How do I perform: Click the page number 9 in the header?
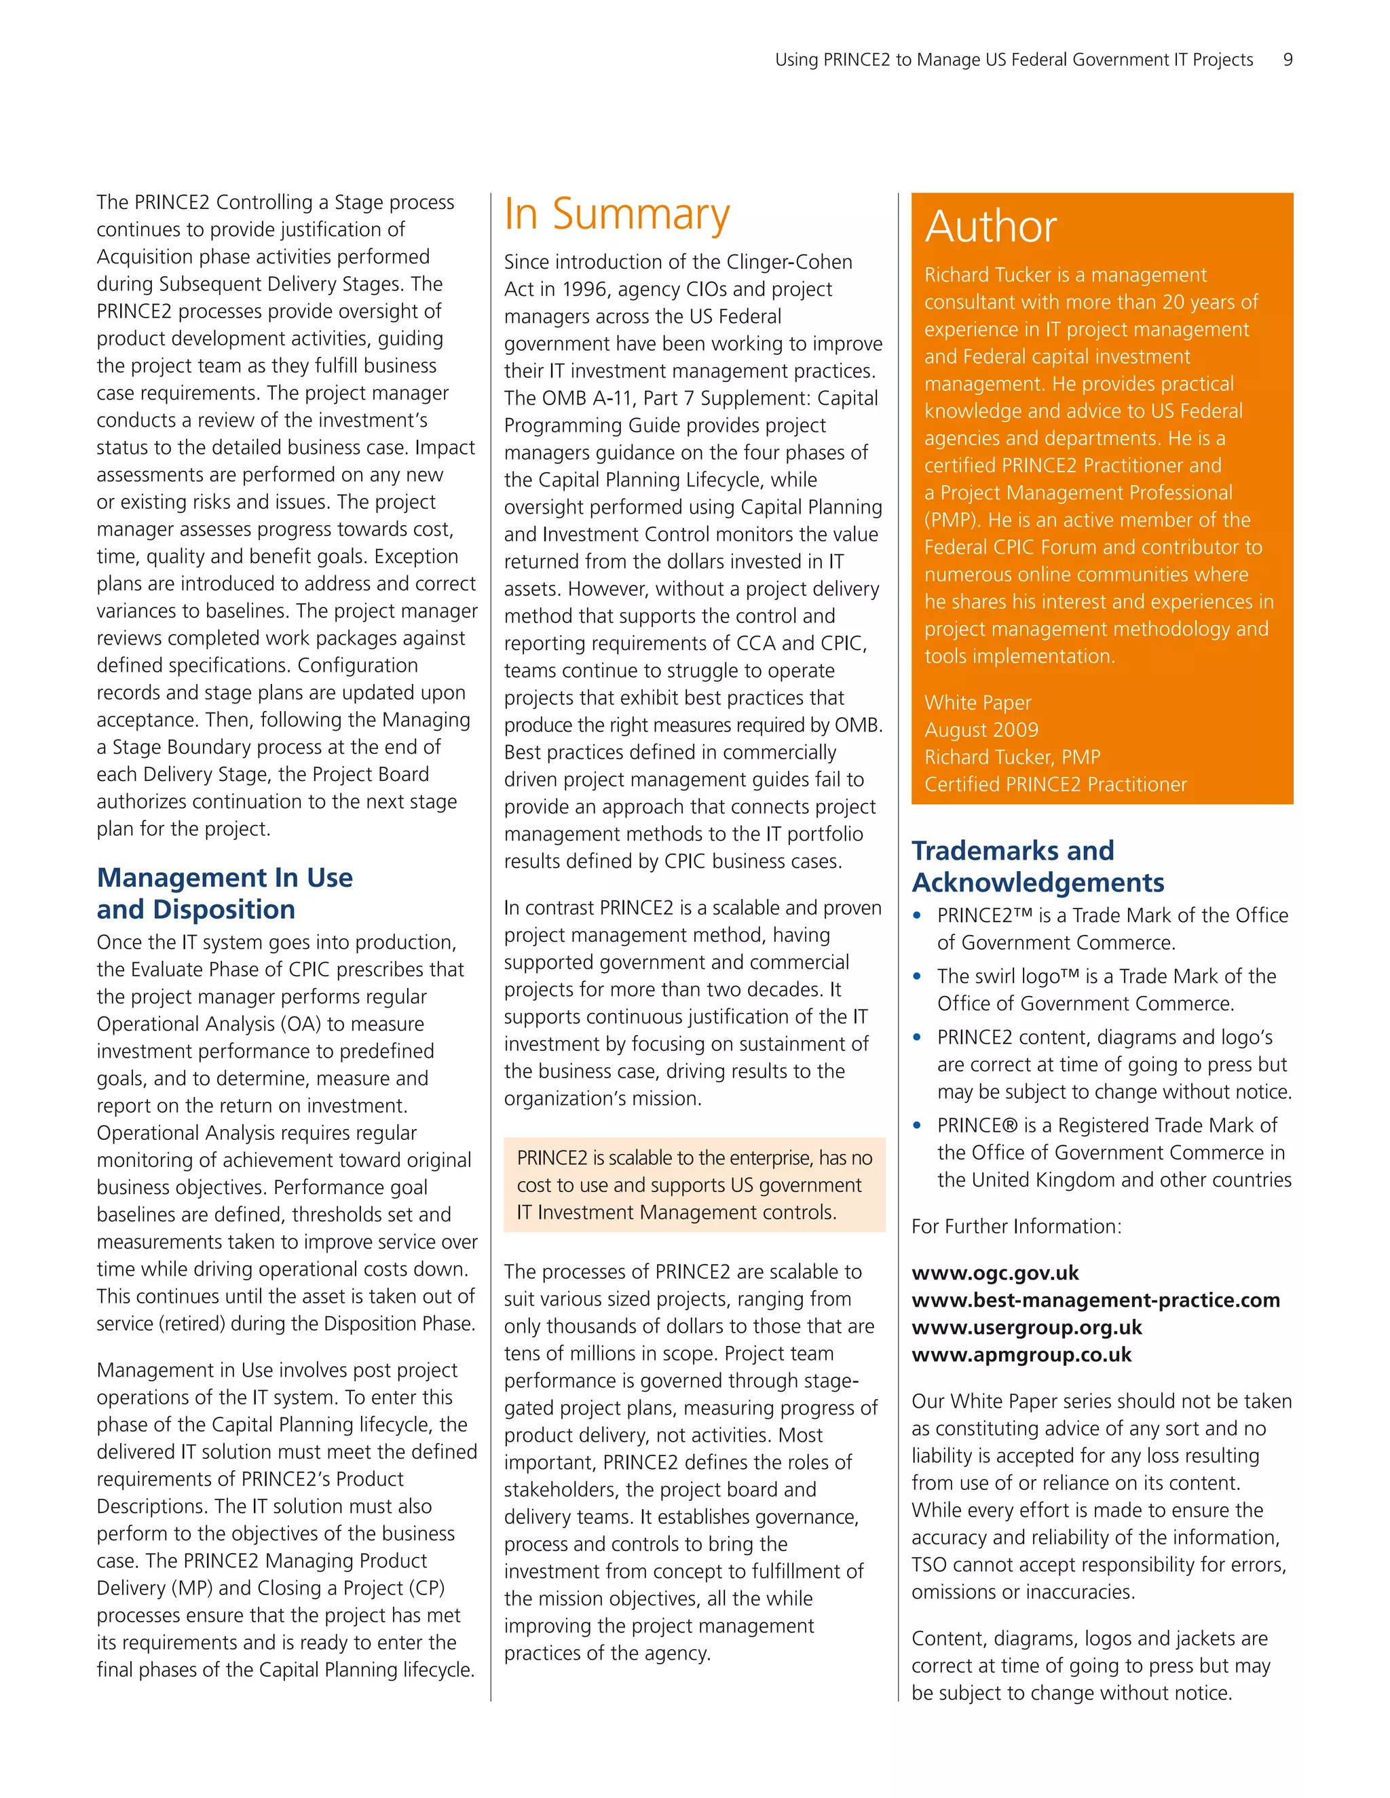click(x=1287, y=59)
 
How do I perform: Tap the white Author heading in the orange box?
click(x=991, y=227)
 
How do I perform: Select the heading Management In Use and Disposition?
click(x=224, y=894)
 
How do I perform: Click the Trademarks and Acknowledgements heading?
click(x=1037, y=866)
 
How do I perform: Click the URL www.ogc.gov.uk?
click(x=995, y=1273)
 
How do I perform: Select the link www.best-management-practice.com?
click(x=1095, y=1300)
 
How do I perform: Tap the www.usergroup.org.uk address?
click(x=1026, y=1327)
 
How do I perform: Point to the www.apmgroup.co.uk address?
click(x=1021, y=1354)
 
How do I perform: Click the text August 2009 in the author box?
click(x=981, y=730)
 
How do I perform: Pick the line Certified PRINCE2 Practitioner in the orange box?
click(x=1055, y=784)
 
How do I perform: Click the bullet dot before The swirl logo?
click(x=918, y=976)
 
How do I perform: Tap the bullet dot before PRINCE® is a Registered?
click(x=918, y=1126)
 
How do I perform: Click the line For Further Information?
click(x=1016, y=1227)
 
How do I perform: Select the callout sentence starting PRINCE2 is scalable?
click(x=694, y=1185)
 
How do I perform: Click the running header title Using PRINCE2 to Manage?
click(x=1013, y=59)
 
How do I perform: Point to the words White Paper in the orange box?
click(x=977, y=703)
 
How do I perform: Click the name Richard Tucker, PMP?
click(x=1011, y=757)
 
